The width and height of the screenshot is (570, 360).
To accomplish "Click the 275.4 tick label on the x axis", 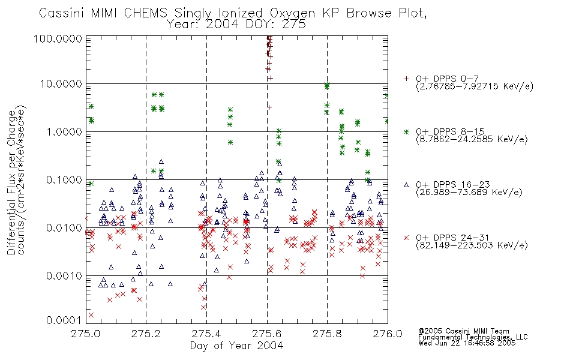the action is pyautogui.click(x=206, y=334).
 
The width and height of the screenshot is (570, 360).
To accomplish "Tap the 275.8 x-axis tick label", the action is pyautogui.click(x=327, y=334).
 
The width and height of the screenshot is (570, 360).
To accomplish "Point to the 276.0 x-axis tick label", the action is pyautogui.click(x=388, y=334).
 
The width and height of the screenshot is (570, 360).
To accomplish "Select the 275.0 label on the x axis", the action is pyautogui.click(x=86, y=334).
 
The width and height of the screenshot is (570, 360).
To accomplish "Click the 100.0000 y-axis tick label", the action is pyautogui.click(x=58, y=38).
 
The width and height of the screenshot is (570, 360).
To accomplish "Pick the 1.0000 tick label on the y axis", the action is pyautogui.click(x=64, y=131).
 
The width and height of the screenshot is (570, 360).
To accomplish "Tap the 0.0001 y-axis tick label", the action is pyautogui.click(x=64, y=320).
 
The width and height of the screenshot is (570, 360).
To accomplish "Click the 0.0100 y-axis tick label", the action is pyautogui.click(x=64, y=228).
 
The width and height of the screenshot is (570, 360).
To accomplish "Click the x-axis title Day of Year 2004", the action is pyautogui.click(x=236, y=346).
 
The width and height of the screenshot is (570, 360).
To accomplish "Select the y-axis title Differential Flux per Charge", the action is pyautogui.click(x=11, y=182).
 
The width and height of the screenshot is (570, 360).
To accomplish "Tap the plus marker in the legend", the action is pyautogui.click(x=406, y=79).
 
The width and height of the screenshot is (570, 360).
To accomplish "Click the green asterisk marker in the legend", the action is pyautogui.click(x=406, y=131).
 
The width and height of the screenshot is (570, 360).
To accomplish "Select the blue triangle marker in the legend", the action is pyautogui.click(x=406, y=185).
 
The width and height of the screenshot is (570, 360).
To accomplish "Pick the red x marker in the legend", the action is pyautogui.click(x=406, y=238).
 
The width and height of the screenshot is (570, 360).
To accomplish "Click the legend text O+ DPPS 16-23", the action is pyautogui.click(x=453, y=185).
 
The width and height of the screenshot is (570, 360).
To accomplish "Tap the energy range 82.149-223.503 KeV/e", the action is pyautogui.click(x=472, y=245).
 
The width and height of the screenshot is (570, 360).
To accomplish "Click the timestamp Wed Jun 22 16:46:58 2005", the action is pyautogui.click(x=467, y=343).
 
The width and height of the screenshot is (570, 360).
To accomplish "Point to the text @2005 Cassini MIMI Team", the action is pyautogui.click(x=464, y=331).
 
